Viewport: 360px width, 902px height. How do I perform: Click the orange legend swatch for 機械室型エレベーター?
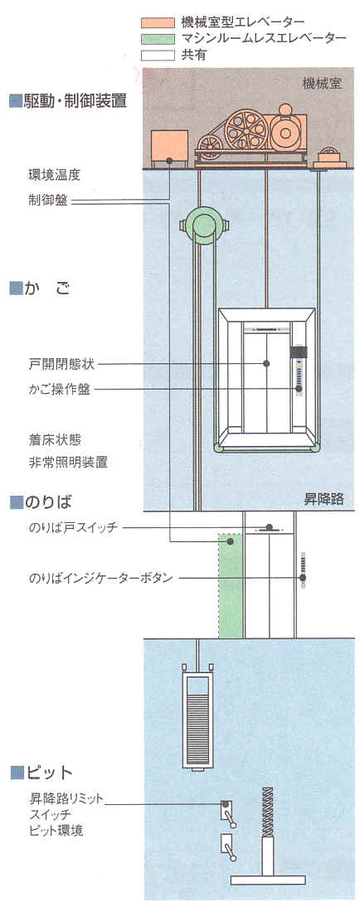click(158, 22)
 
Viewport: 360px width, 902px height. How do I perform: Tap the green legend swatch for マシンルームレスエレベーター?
click(158, 39)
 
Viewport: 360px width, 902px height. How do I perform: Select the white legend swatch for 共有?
click(158, 56)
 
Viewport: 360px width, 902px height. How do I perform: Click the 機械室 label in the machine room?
click(323, 84)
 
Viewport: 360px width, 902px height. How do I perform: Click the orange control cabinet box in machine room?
click(169, 146)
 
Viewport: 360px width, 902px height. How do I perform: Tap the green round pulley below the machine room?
click(203, 226)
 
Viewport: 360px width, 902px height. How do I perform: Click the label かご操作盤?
click(60, 390)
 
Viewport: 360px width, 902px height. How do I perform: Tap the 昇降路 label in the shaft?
click(324, 499)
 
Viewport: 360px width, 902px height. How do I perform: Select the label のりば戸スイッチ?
click(72, 527)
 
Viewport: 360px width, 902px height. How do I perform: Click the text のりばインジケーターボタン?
click(100, 578)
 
